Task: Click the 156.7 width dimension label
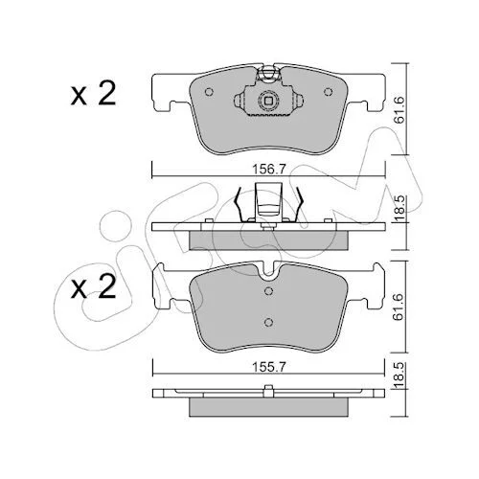point(268,169)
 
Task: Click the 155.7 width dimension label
point(268,368)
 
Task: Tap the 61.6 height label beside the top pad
point(399,109)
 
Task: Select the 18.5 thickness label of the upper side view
point(399,208)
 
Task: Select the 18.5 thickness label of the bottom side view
point(399,375)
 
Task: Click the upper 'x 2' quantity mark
point(93,94)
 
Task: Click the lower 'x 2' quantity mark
point(93,287)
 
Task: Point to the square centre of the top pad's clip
point(268,101)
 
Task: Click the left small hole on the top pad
point(209,92)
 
